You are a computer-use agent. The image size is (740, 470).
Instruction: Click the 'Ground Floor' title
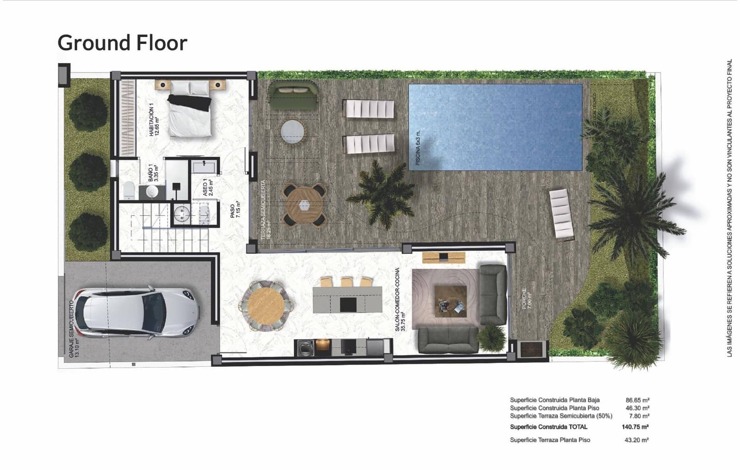[122, 43]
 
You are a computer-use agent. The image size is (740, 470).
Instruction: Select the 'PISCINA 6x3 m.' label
[418, 148]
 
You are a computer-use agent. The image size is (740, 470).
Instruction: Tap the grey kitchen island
[347, 299]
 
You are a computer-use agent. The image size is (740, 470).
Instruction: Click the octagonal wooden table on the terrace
[304, 205]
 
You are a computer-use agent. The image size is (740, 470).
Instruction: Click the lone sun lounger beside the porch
[561, 215]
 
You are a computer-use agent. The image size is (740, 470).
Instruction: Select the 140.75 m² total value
[635, 427]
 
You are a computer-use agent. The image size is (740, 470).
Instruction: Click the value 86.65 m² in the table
[637, 400]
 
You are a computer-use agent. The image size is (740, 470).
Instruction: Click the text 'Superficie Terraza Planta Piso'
[550, 440]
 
